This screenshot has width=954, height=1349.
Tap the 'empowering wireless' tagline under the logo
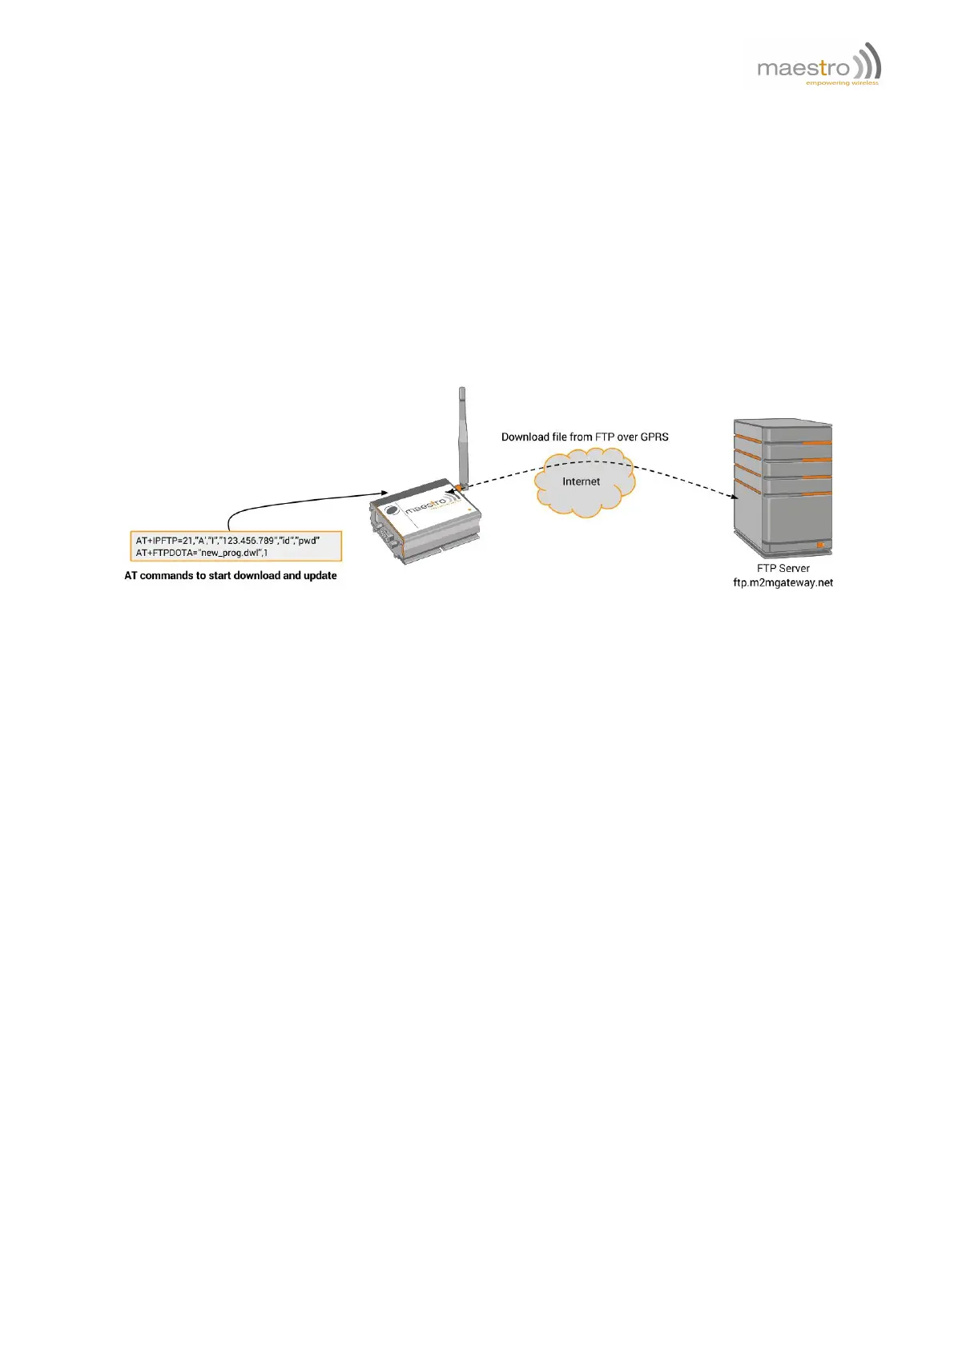point(842,83)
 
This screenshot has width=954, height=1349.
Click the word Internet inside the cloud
point(581,481)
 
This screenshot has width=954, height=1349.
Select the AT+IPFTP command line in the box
point(227,541)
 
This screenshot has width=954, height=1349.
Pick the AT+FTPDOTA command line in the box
point(202,553)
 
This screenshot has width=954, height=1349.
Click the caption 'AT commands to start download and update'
point(231,575)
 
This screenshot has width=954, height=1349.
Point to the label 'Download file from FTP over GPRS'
point(585,437)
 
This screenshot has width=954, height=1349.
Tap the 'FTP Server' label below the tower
point(783,568)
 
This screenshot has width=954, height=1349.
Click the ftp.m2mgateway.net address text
point(783,582)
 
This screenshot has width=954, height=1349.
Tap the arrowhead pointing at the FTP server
point(734,497)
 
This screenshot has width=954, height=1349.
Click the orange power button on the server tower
point(819,546)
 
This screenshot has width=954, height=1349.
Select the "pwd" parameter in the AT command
point(308,541)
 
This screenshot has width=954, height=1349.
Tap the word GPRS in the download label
point(654,437)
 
